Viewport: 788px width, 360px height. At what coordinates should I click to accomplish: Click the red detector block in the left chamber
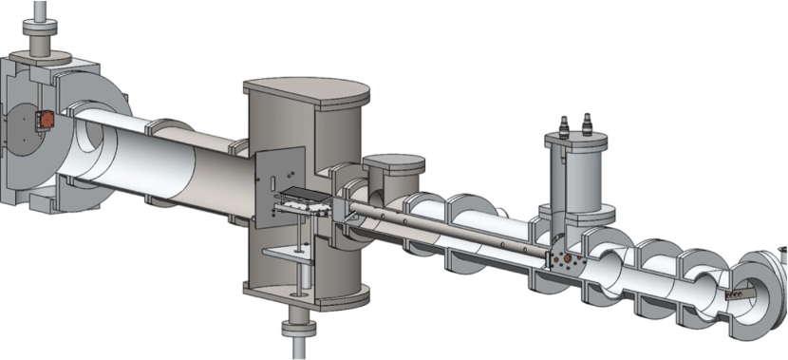(45, 122)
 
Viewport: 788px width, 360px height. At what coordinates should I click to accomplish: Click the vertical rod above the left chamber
(40, 11)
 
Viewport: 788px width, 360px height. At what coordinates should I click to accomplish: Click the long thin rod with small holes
(446, 227)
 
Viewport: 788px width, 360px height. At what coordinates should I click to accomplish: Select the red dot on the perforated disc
(567, 257)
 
